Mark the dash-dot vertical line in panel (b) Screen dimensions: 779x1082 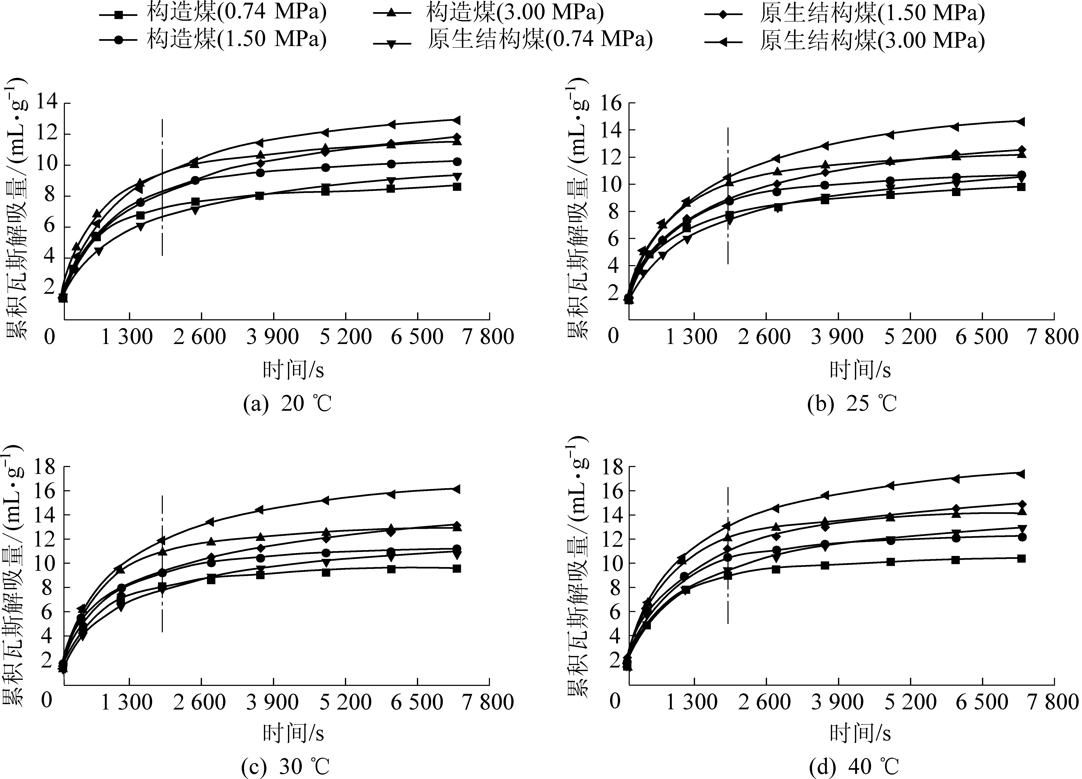[728, 196]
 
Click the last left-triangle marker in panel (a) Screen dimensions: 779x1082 [457, 120]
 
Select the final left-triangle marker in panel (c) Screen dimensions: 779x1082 [457, 489]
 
